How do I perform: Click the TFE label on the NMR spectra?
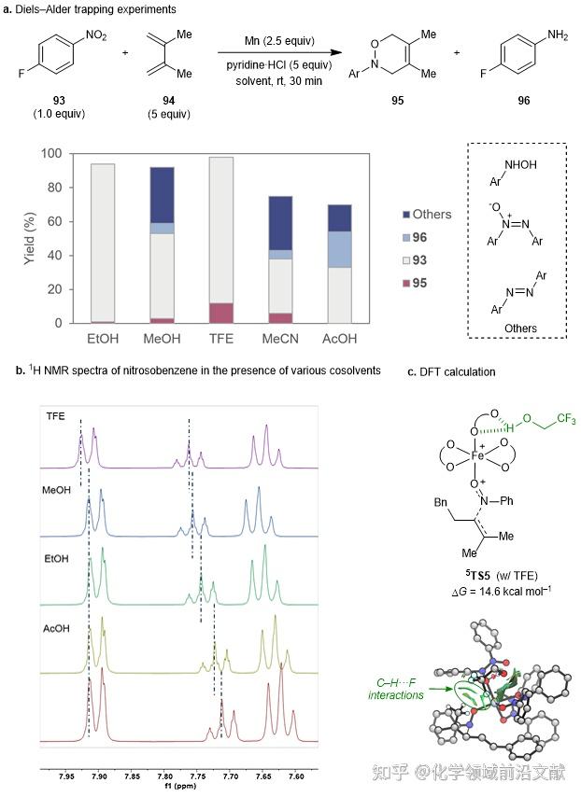coord(56,395)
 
